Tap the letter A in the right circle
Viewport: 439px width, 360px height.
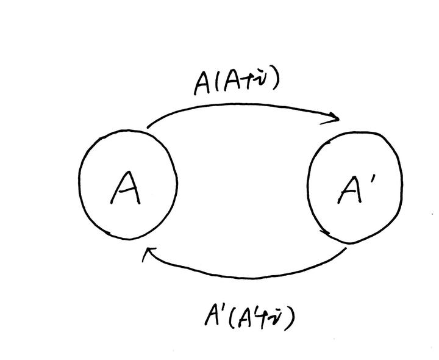click(x=349, y=192)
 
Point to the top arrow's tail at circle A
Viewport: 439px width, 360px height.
click(x=148, y=128)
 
